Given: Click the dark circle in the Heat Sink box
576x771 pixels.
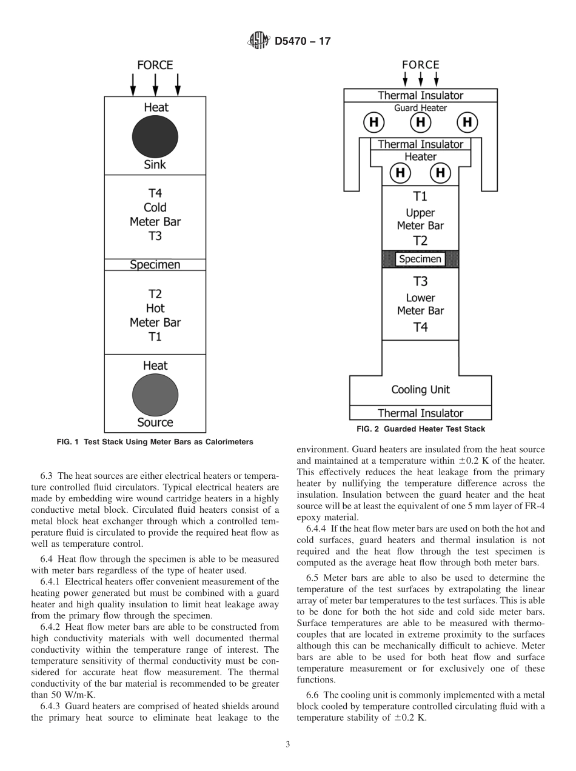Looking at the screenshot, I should pos(155,136).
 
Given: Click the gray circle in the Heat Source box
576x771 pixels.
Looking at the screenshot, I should pos(155,395).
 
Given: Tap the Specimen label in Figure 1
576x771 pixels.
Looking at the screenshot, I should pos(155,265).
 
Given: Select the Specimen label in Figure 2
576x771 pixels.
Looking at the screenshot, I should pos(420,259).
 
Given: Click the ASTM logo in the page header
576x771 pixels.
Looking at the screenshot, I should pos(258,41).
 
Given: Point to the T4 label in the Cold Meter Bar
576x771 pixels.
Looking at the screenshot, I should pos(155,193).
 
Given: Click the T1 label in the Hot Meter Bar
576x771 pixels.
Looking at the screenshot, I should pos(155,336).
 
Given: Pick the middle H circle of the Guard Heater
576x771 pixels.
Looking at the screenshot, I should pos(420,122).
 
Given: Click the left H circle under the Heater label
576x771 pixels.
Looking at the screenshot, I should pos(400,173).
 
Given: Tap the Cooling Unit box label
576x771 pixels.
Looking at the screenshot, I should pos(420,390).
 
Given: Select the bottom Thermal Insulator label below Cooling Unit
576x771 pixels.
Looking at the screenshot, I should pos(420,413).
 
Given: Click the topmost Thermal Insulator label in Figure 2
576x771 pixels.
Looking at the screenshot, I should pos(420,95).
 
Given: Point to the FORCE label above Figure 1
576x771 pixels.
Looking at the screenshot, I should pos(155,65).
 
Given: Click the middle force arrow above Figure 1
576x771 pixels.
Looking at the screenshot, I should pos(155,85).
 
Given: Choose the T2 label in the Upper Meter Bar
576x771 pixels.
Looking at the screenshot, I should pos(420,241).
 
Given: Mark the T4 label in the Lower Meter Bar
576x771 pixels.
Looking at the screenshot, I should pos(420,327).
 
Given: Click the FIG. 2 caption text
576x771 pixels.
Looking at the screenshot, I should pos(420,429).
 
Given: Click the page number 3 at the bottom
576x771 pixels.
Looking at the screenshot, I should pos(288,744).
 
